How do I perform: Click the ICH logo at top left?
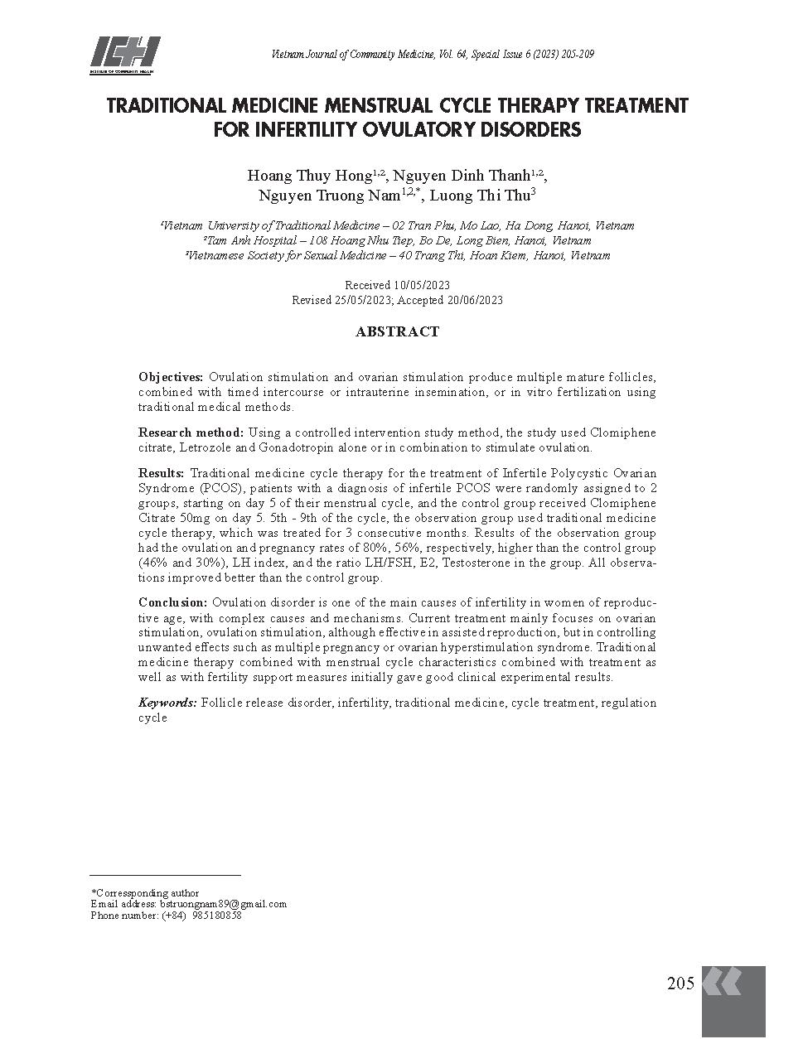[x=124, y=56]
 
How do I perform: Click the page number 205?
[x=680, y=983]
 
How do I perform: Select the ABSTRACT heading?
[x=397, y=331]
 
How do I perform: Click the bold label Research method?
[x=191, y=433]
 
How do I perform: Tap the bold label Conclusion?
[x=172, y=602]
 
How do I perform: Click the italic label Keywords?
[x=167, y=703]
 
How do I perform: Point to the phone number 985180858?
[x=217, y=916]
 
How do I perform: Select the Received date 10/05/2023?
[x=421, y=285]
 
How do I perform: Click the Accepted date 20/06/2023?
[x=475, y=300]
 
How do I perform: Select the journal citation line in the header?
[x=432, y=55]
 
